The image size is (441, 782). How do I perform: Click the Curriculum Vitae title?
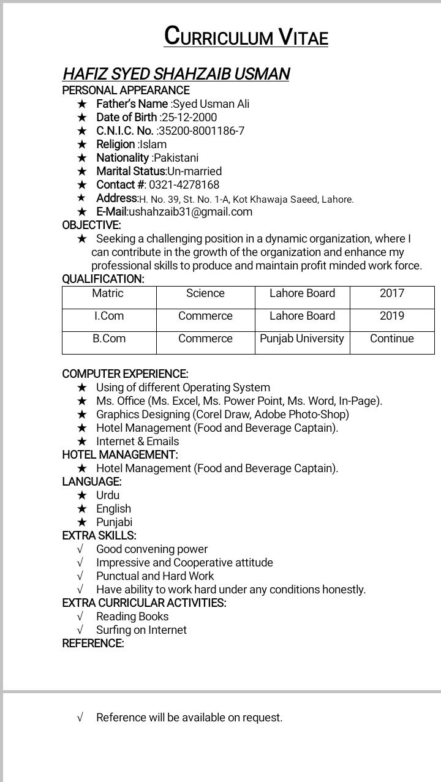246,37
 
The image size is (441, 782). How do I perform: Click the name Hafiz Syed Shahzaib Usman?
176,74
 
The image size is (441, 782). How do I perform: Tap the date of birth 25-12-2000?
189,117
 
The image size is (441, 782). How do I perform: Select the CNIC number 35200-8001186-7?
202,130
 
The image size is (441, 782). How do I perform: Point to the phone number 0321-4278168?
184,184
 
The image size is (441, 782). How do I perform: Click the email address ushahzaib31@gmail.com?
190,211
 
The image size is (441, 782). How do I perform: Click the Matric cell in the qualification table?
108,293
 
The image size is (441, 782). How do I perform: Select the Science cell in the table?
205,293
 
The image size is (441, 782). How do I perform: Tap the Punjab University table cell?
302,339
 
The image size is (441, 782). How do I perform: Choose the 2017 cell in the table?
392,293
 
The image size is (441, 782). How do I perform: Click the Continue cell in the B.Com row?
392,339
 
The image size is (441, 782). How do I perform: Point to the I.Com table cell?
109,316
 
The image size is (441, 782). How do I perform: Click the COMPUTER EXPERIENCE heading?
125,374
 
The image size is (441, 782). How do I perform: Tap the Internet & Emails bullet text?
138,441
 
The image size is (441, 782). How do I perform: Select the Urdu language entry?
108,495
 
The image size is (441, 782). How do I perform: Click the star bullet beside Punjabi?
82,522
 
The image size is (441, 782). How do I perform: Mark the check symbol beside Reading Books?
80,617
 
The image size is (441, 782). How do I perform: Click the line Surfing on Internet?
141,630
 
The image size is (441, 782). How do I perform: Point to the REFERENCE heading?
93,643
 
